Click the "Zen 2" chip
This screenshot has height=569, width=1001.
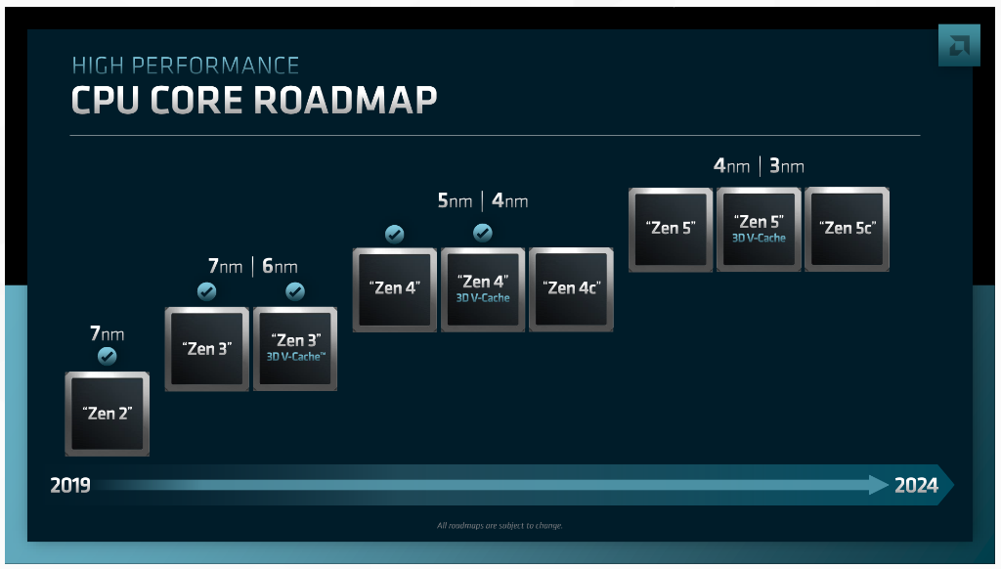click(108, 414)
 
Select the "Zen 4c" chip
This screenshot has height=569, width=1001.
click(571, 289)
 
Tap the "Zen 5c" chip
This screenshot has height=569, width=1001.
click(848, 229)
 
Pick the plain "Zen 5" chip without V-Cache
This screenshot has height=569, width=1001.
click(671, 229)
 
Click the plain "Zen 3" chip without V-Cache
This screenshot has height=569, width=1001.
click(207, 349)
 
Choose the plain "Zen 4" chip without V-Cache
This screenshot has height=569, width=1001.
click(395, 289)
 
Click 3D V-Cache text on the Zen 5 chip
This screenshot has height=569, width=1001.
click(759, 239)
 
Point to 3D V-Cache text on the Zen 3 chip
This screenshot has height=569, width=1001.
click(295, 356)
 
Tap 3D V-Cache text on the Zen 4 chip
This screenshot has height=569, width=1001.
click(483, 298)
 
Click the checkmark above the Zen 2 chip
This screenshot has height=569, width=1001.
click(108, 356)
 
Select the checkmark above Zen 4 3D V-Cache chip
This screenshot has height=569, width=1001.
click(483, 233)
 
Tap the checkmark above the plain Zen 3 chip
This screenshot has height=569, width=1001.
click(207, 292)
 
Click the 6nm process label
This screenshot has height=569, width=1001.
click(280, 266)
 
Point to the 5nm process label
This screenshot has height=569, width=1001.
click(455, 201)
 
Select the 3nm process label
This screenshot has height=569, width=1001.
click(787, 166)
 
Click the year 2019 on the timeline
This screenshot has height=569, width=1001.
click(70, 485)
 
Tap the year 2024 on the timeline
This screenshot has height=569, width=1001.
click(916, 485)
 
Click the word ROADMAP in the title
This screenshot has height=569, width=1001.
click(345, 101)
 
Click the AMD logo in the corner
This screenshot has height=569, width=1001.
click(959, 45)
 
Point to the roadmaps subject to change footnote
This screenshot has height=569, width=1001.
click(500, 526)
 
